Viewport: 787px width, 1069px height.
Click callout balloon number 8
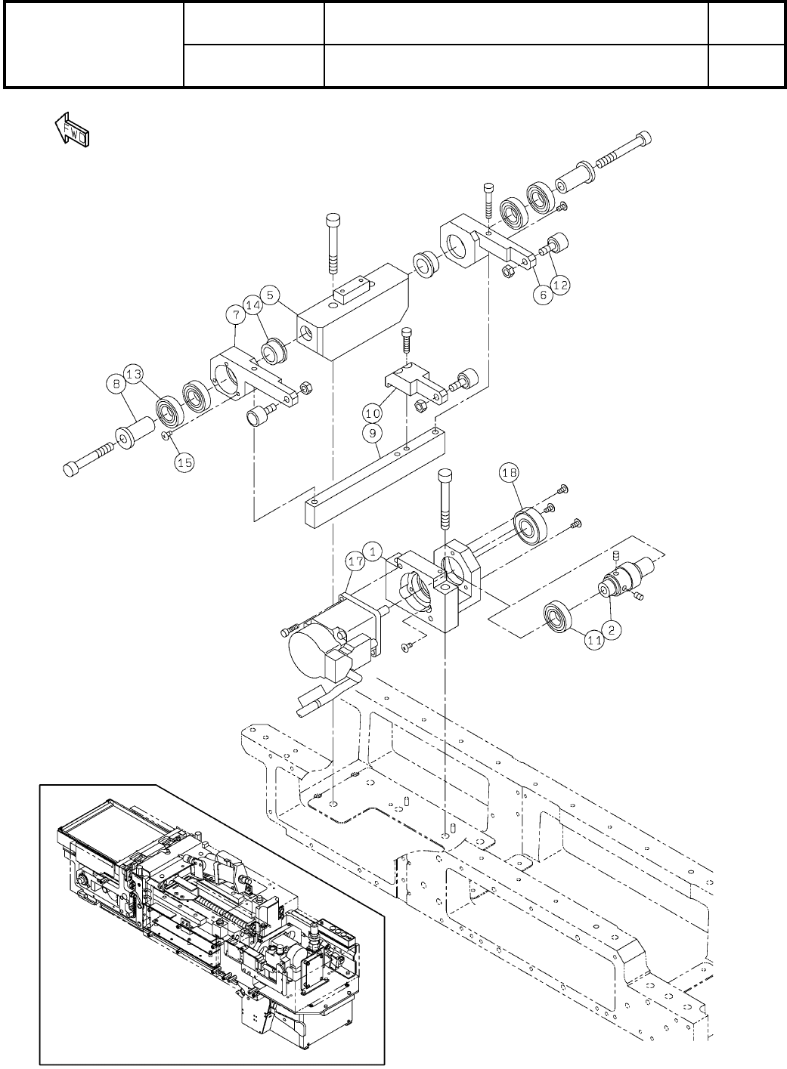[115, 384]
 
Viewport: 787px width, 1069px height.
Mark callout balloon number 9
[372, 434]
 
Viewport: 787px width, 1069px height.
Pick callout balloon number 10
[372, 414]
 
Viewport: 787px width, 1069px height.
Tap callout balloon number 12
[560, 285]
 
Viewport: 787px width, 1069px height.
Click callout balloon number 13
[134, 374]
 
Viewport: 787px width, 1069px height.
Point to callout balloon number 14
[253, 304]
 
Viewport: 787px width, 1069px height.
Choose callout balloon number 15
[184, 464]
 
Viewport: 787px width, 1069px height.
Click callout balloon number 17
[355, 561]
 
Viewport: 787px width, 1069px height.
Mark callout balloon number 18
[510, 474]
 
